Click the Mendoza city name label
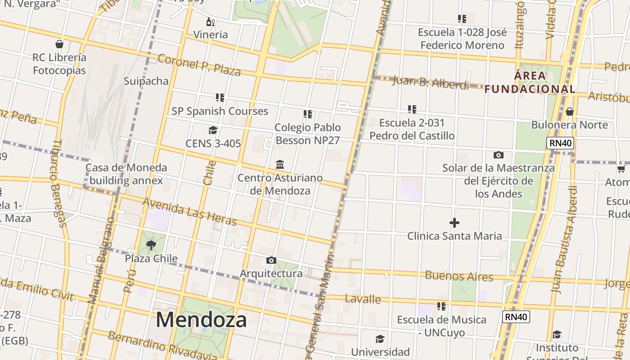[201, 320]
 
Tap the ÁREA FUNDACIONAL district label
[530, 82]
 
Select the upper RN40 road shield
[560, 144]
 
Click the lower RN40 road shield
[516, 317]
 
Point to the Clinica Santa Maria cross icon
[454, 223]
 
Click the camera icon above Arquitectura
[271, 260]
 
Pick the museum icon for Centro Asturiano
[280, 164]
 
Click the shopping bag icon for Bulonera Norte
[570, 112]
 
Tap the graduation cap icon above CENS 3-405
[213, 130]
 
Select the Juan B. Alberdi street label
[431, 83]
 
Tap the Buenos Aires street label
[459, 276]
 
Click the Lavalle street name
[363, 299]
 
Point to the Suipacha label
[146, 81]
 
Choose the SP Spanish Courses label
[220, 111]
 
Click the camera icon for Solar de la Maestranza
[498, 155]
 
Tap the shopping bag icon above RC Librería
[59, 44]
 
